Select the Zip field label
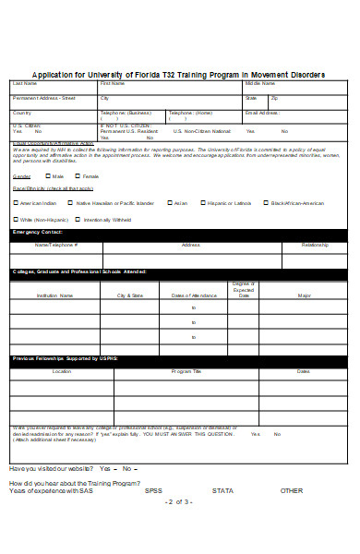275,97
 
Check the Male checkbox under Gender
45,175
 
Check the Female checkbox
77,175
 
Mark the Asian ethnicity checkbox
169,202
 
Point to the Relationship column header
315,245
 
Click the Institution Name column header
54,295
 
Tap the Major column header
304,295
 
